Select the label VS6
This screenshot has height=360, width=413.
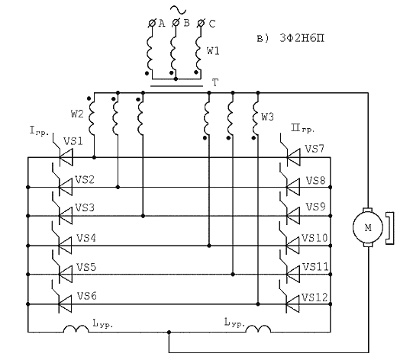point(87,296)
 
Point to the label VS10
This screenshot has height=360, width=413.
point(315,238)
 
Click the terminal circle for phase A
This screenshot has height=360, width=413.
point(152,24)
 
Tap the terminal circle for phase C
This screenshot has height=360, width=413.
point(201,24)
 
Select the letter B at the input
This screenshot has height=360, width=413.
point(186,23)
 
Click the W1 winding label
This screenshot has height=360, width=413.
point(213,51)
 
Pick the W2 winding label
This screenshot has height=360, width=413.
point(77,114)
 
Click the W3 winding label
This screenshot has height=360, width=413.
point(267,117)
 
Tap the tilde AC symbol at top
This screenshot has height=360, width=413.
point(178,10)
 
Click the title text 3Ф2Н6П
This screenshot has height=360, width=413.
point(302,38)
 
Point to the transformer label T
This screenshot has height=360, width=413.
point(215,82)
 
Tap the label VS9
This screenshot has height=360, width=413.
point(315,207)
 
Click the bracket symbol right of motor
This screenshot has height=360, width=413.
point(390,228)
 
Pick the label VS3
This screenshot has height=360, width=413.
point(85,207)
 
